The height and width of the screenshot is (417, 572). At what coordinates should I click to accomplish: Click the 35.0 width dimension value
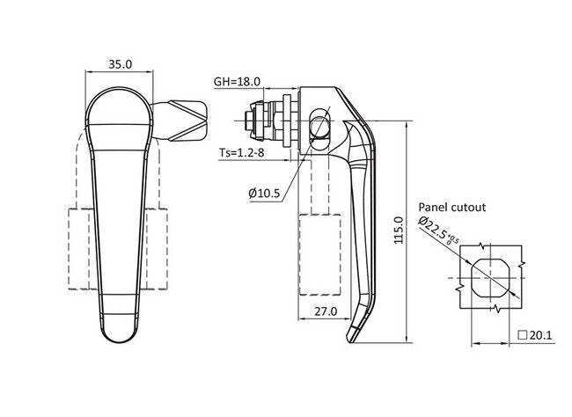[120, 64]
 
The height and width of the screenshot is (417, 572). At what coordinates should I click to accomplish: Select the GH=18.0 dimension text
[238, 81]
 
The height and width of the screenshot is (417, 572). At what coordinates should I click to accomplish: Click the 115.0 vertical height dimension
[398, 230]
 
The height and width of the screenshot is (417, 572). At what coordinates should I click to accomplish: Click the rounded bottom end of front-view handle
[119, 327]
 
